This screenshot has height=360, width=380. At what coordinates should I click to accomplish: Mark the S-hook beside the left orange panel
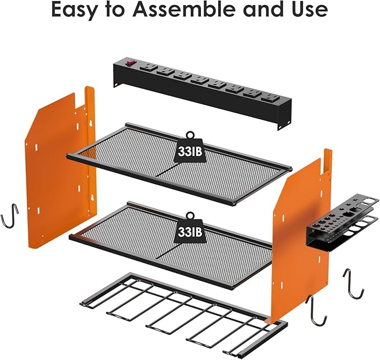[11, 216]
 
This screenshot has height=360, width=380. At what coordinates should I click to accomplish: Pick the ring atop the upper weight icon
[190, 135]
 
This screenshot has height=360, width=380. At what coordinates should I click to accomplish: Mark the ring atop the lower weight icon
[190, 214]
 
